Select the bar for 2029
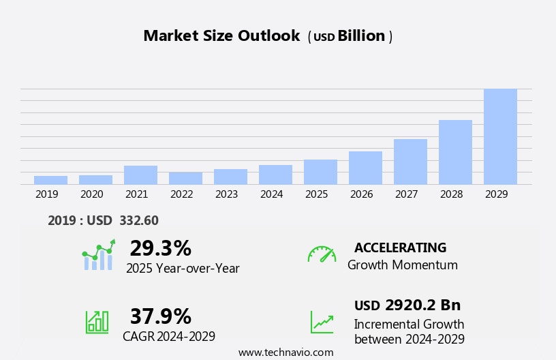tap(500, 136)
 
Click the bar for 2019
tap(50, 180)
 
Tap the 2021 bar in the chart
tap(140, 175)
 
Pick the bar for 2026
tap(365, 168)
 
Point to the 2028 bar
tap(455, 152)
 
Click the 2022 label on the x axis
tap(181, 194)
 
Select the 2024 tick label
tap(271, 194)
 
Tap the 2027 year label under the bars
tap(406, 194)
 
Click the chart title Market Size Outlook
tap(221, 36)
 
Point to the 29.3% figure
tap(160, 248)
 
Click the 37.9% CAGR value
tap(160, 316)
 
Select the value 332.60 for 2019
tap(138, 220)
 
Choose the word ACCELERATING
tap(400, 247)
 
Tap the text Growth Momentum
tap(402, 265)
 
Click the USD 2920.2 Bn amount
tap(407, 305)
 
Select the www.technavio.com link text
tap(285, 352)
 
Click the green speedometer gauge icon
tap(322, 254)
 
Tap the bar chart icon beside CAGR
tap(97, 322)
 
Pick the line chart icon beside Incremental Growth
tap(322, 322)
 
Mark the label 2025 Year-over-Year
tap(183, 269)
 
